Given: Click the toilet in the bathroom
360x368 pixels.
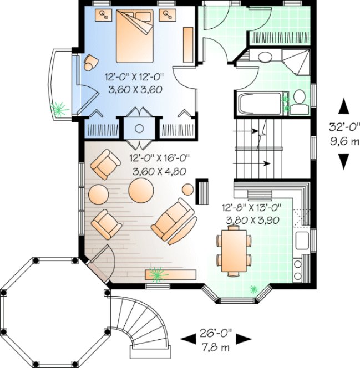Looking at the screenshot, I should pyautogui.click(x=300, y=100).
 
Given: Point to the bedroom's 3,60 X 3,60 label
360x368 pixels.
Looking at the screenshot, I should pyautogui.click(x=133, y=89).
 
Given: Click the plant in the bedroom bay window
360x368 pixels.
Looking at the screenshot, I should pyautogui.click(x=58, y=108).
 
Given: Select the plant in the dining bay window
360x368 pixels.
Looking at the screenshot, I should pyautogui.click(x=254, y=289).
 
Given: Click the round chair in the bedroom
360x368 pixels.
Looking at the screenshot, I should pyautogui.click(x=90, y=63).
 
